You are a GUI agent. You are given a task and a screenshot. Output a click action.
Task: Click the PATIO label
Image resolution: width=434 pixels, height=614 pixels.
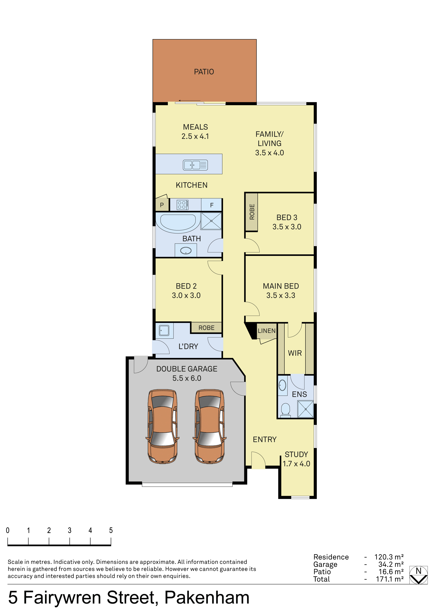204,72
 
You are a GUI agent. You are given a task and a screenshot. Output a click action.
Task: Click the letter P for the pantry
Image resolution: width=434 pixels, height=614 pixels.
162,205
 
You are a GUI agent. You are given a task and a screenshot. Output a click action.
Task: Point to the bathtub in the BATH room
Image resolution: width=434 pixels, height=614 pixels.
178,222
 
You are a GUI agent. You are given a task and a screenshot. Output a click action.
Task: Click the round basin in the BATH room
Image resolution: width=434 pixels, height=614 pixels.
186,251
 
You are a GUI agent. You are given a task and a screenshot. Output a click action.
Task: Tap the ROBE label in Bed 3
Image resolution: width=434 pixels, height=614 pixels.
252,212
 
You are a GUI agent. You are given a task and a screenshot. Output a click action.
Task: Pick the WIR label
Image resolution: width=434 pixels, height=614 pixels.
295,353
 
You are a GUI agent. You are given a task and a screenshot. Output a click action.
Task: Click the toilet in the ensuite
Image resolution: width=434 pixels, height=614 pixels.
285,410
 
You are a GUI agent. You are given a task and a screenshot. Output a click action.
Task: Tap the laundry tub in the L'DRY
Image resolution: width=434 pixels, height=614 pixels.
164,330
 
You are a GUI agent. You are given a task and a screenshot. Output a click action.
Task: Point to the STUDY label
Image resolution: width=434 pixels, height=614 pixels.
296,454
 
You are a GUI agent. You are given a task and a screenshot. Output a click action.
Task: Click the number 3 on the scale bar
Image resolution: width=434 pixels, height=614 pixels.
69,530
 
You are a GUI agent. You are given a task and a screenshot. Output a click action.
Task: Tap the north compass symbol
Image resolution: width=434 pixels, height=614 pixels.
418,575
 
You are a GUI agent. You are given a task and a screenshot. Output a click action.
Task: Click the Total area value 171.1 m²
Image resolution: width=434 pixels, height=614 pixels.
390,579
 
